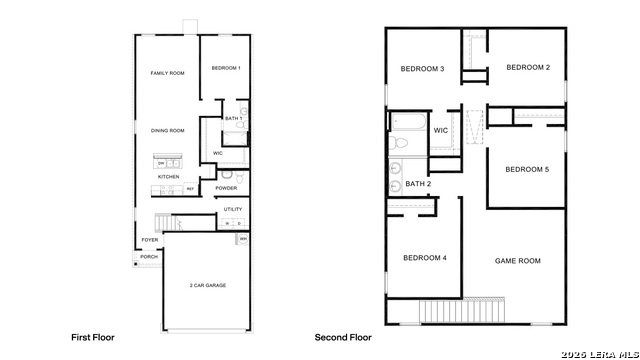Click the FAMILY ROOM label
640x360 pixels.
click(x=167, y=73)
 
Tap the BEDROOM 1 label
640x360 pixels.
click(x=225, y=68)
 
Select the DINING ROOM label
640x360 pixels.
click(x=167, y=130)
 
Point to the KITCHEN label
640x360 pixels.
click(x=168, y=177)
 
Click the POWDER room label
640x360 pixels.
click(x=226, y=188)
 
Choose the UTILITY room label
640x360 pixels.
click(x=233, y=209)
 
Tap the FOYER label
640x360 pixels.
click(x=149, y=240)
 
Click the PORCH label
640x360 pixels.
click(x=148, y=257)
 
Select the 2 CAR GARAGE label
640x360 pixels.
click(x=207, y=285)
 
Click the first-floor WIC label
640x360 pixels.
click(x=218, y=153)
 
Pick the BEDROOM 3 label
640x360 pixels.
click(x=422, y=69)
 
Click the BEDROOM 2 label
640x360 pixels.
click(x=528, y=68)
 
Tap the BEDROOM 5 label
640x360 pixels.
click(x=527, y=169)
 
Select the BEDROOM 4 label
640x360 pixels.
click(x=424, y=258)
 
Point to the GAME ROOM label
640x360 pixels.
click(x=517, y=261)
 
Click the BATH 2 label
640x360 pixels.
click(x=418, y=184)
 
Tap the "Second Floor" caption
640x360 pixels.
click(x=343, y=337)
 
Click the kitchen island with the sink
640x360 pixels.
click(x=167, y=162)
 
